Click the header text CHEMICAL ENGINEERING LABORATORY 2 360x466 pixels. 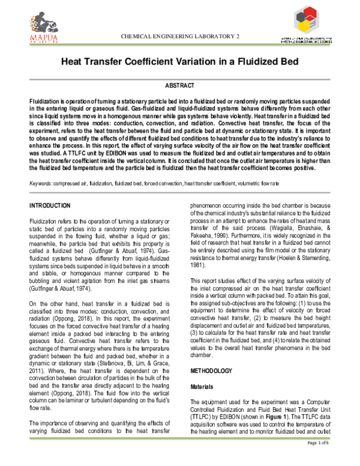180,37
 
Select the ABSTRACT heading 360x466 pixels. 180,86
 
